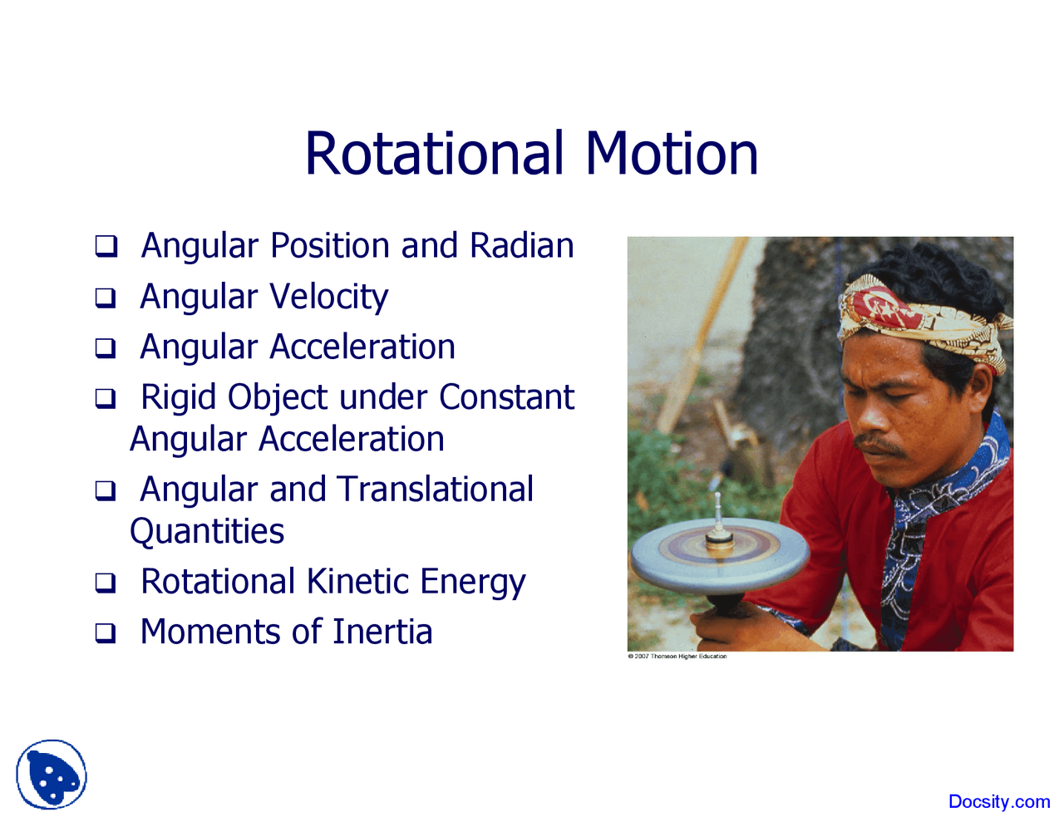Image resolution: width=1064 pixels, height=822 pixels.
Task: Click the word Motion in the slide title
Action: click(672, 154)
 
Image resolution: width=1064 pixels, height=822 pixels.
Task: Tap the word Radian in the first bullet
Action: click(521, 246)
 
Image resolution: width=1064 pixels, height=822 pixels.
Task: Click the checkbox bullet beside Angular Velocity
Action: click(106, 298)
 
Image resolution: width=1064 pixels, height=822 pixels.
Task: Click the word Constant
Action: click(506, 397)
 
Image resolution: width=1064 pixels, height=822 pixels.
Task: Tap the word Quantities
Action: click(207, 532)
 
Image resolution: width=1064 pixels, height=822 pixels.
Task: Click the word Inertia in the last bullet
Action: click(382, 632)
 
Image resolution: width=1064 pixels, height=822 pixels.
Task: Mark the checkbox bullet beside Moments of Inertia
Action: click(106, 633)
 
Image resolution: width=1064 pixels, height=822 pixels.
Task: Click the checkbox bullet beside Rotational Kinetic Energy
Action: click(106, 583)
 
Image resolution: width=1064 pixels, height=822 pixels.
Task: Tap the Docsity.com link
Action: click(998, 802)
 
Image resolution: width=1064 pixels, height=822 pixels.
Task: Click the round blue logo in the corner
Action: click(52, 775)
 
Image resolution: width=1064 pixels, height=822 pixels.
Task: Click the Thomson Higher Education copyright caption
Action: click(677, 657)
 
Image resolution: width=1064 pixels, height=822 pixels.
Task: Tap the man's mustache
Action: click(879, 445)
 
